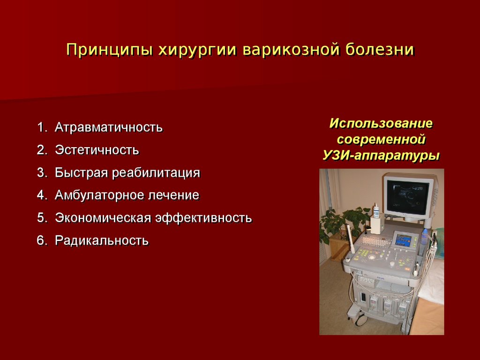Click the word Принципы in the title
pos(109,50)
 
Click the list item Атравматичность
pos(109,127)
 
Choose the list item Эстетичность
pos(97,150)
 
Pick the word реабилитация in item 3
pos(156,173)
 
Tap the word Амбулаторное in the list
pos(99,195)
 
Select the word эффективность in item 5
pos(203,217)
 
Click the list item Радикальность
pos(102,240)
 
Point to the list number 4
pos(42,195)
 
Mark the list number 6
pos(42,240)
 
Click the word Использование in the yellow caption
pos(381,123)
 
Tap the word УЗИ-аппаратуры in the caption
pos(381,156)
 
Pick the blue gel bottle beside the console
pos(425,236)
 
